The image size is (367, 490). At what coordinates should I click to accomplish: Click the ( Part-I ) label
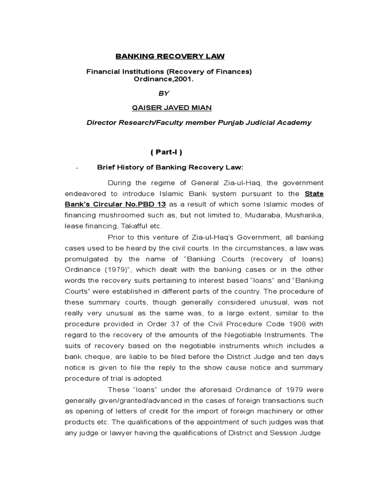click(x=166, y=152)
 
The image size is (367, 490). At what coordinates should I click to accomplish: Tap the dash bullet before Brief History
click(x=76, y=167)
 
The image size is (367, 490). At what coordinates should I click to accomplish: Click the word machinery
click(x=283, y=411)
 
